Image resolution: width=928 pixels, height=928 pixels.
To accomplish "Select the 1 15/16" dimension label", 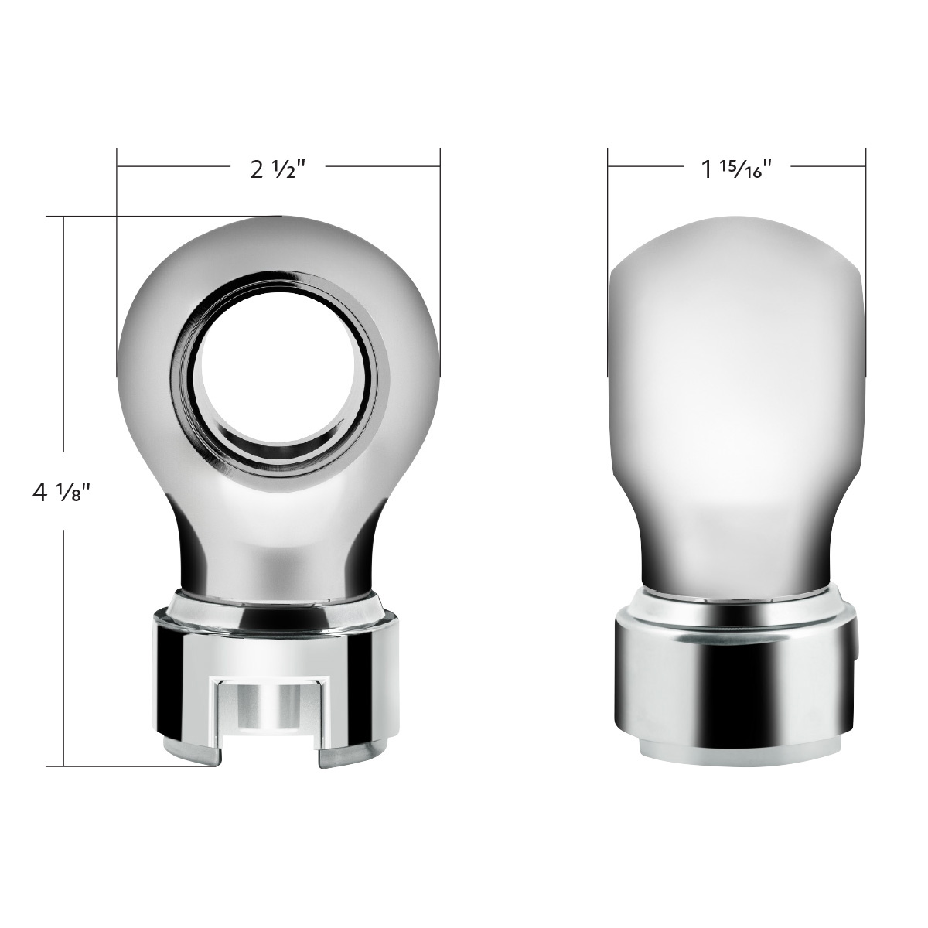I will [737, 169].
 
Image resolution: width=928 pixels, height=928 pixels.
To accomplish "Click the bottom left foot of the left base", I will [190, 754].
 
